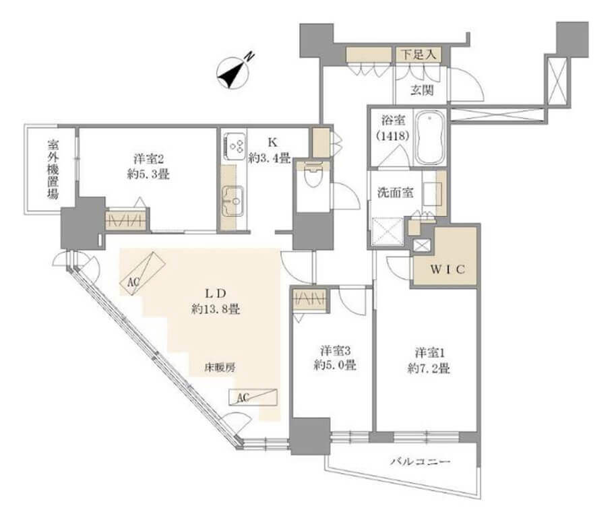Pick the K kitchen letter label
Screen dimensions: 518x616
pos(273,143)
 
